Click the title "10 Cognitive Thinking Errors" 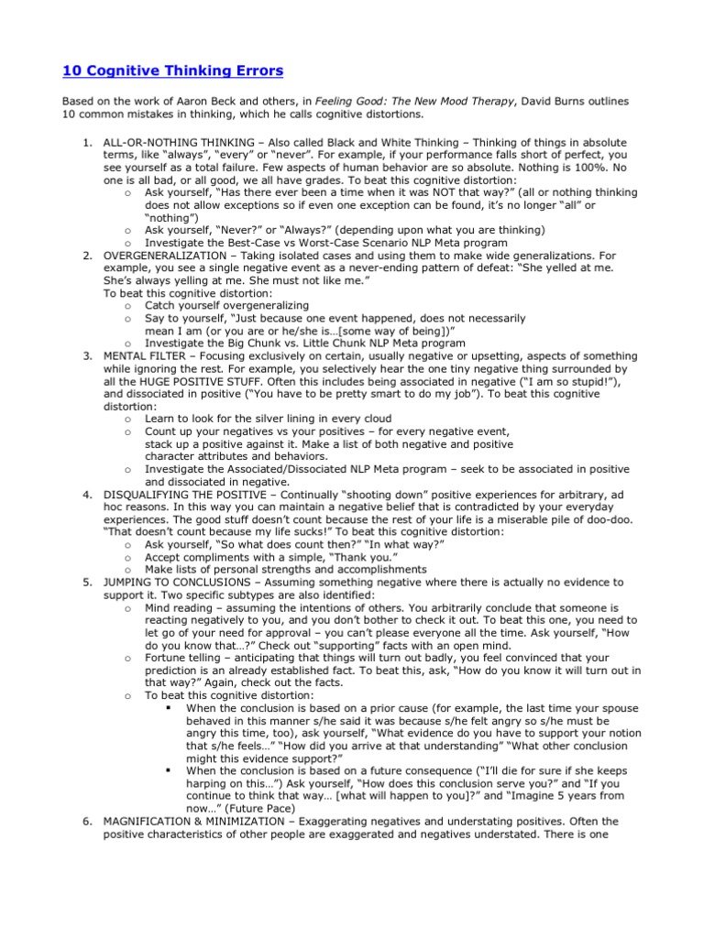[173, 71]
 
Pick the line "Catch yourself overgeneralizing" [226, 305]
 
